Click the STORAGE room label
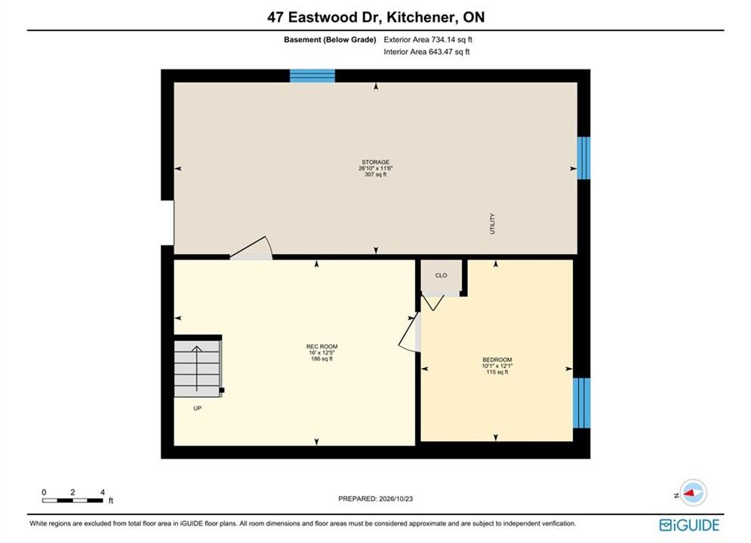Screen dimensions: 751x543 tap(376, 162)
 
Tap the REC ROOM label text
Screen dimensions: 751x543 tap(322, 346)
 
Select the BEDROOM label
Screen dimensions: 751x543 tap(497, 360)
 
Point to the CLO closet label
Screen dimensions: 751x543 tap(441, 275)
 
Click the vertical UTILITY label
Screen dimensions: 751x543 tap(492, 224)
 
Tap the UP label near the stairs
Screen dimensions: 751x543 tap(197, 408)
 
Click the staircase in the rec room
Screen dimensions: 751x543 tap(198, 368)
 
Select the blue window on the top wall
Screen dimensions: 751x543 tap(312, 76)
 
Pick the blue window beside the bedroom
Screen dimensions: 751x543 tap(581, 403)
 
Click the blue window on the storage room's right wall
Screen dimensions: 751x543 tap(584, 158)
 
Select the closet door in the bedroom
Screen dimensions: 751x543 tap(433, 303)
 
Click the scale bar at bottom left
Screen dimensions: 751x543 tap(72, 501)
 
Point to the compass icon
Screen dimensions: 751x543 tap(693, 492)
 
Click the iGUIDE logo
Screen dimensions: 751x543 tap(689, 526)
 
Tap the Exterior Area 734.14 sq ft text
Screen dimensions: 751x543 tap(428, 40)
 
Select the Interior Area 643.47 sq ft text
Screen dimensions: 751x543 tap(426, 52)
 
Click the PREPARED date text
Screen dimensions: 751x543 tap(376, 499)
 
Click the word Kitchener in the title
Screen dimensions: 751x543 tap(421, 17)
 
